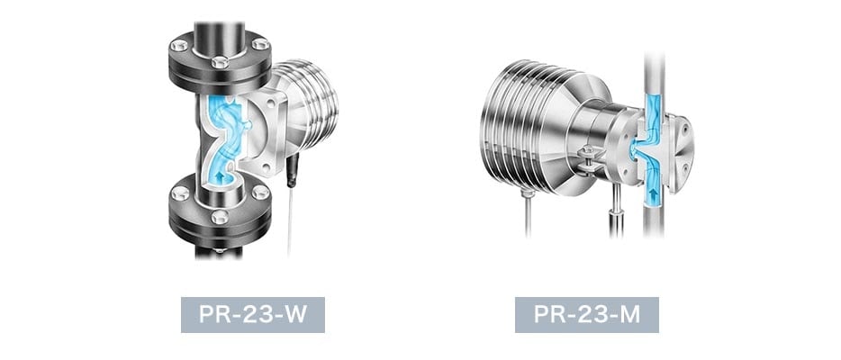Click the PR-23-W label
coord(253,314)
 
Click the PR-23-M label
coord(587,314)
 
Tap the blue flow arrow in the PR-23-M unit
coord(653,193)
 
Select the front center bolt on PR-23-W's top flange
coord(220,62)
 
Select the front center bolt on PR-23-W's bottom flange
coord(220,217)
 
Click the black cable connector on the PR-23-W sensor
coord(292,170)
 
